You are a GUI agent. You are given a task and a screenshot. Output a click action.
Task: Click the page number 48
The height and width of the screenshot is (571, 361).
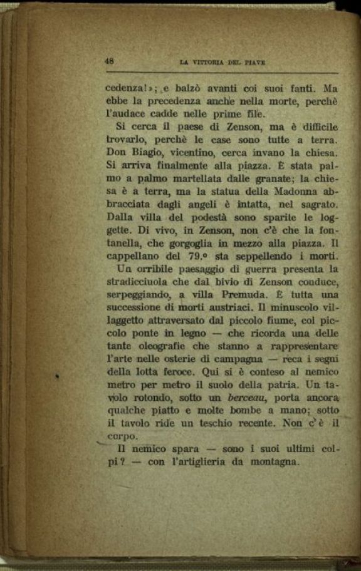click(109, 61)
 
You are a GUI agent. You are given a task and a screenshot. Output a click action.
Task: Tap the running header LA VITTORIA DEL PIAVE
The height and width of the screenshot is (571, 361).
click(222, 62)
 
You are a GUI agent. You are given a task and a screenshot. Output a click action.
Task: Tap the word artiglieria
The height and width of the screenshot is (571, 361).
click(215, 463)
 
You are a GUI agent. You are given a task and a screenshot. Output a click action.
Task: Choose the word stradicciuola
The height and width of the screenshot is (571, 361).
click(140, 282)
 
